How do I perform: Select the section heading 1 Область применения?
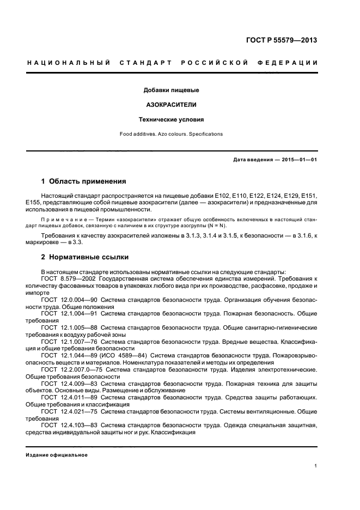tap(84, 181)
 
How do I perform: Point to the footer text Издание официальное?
tap(57, 454)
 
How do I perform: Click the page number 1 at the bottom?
tap(316, 466)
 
